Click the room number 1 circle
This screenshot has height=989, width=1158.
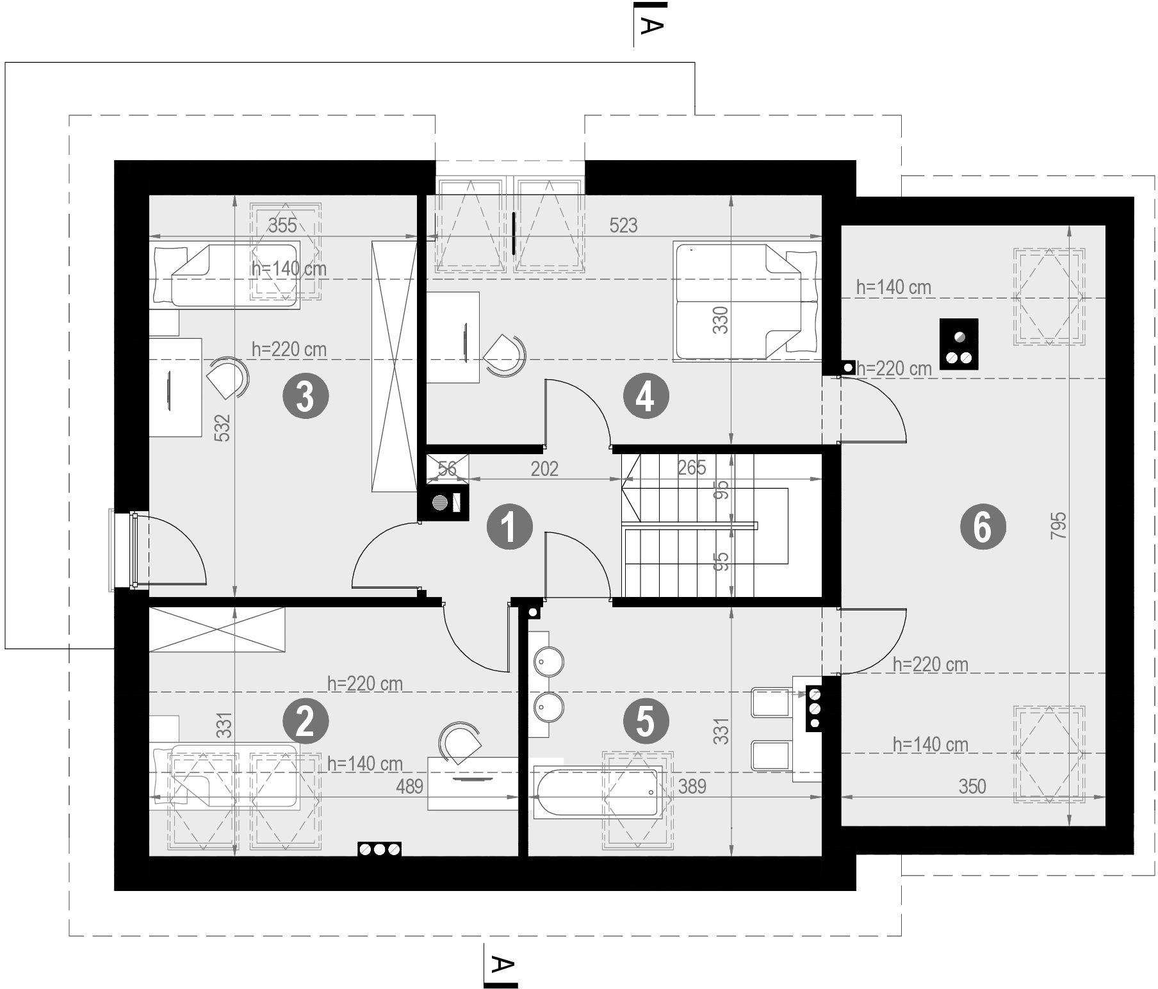tap(510, 528)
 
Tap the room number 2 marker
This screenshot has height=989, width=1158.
tap(306, 720)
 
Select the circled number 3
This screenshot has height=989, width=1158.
tap(306, 396)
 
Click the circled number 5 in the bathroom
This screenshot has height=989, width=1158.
tap(646, 720)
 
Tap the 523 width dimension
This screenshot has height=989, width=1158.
tap(623, 225)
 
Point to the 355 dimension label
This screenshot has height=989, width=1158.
tap(282, 225)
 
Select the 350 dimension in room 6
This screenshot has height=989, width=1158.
tap(972, 786)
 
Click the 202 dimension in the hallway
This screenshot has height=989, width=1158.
tap(544, 468)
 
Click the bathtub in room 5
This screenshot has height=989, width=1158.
tap(596, 792)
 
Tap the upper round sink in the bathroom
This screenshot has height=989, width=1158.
tap(548, 660)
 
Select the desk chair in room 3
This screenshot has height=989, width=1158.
tap(228, 379)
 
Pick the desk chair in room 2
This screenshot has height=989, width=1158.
tap(460, 743)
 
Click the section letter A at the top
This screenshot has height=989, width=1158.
tap(649, 24)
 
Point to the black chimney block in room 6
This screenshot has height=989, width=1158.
tap(959, 344)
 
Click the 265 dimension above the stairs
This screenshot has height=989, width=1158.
tap(692, 468)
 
